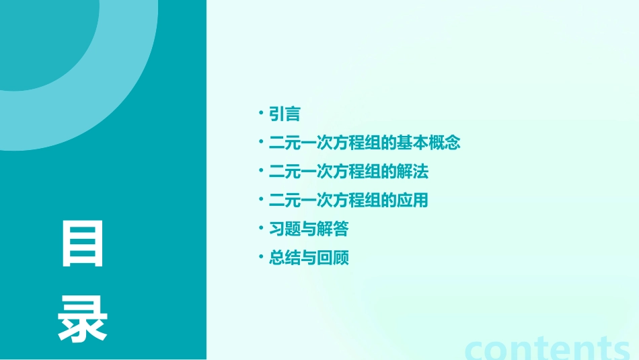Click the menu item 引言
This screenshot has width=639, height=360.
285,114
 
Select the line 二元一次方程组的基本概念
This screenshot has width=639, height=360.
365,143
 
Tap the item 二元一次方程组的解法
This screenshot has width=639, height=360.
348,172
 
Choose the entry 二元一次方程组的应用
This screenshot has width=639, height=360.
348,201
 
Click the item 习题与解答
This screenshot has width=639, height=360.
309,229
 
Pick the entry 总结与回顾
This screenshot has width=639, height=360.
309,258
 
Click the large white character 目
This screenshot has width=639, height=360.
83,244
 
